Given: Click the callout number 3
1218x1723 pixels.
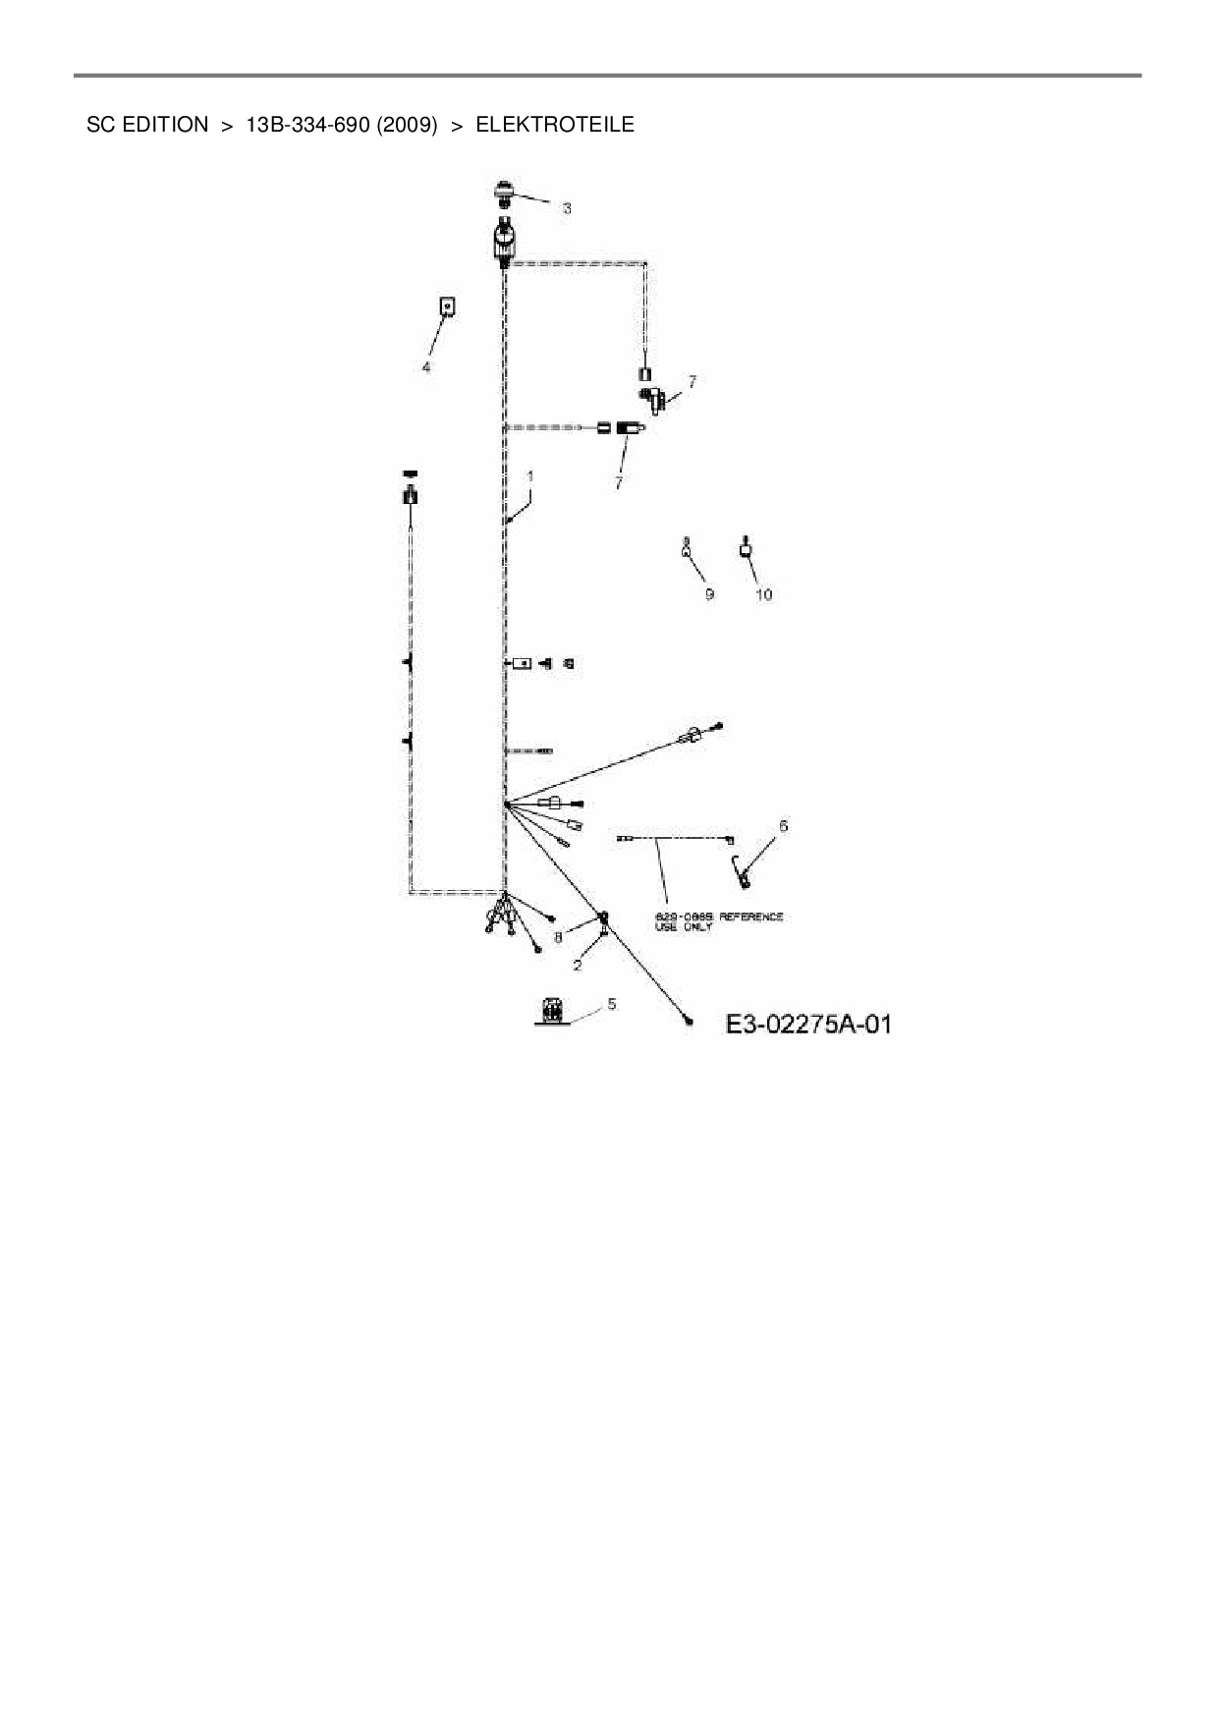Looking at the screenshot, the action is (567, 208).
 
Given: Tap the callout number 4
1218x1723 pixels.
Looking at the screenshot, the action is (426, 366).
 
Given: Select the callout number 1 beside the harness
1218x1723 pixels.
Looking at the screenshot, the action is (530, 475).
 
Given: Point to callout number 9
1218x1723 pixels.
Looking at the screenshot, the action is (709, 594).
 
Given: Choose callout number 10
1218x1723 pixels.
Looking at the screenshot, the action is (763, 594).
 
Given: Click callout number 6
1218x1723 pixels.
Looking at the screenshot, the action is (783, 826).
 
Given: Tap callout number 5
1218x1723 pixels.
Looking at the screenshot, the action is (611, 1003).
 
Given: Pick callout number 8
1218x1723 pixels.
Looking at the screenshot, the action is (558, 937).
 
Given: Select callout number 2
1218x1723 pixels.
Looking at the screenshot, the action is (578, 965).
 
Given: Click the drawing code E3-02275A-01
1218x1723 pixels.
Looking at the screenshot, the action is (808, 1024).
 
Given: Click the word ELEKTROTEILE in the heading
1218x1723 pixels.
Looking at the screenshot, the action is (555, 125).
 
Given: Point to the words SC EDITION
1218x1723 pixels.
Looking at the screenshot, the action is (147, 125).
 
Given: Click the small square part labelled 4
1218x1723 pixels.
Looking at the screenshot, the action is (447, 307).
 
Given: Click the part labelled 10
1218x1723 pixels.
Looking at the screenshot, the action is (747, 547).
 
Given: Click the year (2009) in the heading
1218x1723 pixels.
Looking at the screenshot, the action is (406, 125).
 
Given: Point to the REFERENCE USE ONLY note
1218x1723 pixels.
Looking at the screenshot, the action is (719, 920).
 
